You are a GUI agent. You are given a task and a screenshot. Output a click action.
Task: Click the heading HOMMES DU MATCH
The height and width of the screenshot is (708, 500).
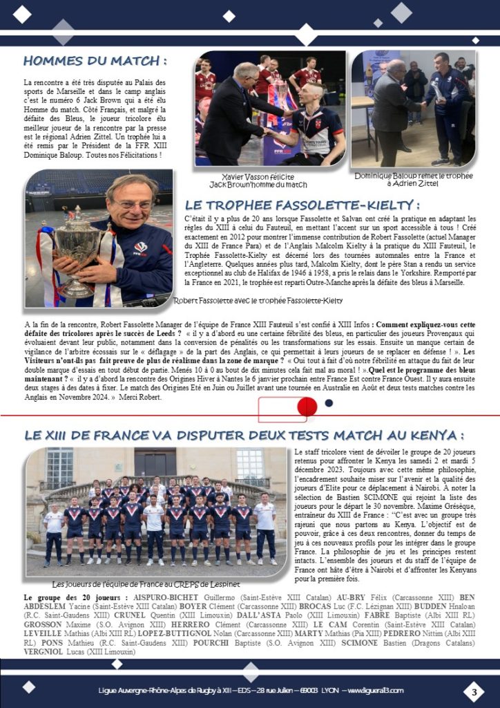point(95,61)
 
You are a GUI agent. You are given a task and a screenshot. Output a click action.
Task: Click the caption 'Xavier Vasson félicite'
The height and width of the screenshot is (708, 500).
point(258,177)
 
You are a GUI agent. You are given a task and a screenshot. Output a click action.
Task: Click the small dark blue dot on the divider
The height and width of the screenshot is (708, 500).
point(329,403)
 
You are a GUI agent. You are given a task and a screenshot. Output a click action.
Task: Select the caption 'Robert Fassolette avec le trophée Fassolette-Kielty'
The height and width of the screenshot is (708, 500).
point(258,300)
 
